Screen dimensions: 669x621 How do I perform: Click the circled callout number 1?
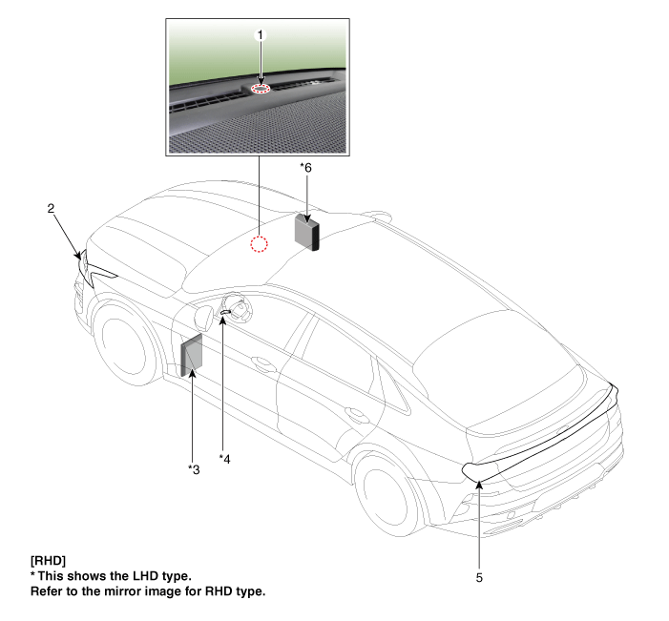click(261, 35)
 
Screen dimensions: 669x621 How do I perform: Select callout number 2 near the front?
click(51, 209)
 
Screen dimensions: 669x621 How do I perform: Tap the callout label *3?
click(194, 469)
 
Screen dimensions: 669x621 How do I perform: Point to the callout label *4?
click(224, 459)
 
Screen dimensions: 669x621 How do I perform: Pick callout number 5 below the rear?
click(479, 578)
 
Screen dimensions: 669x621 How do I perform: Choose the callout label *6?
click(305, 168)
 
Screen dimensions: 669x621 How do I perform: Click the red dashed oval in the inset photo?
click(261, 89)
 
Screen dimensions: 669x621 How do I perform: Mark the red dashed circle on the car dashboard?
click(259, 244)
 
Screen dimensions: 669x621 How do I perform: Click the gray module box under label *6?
click(306, 232)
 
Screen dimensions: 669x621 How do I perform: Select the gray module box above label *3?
click(192, 355)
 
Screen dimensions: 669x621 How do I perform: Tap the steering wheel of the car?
click(238, 309)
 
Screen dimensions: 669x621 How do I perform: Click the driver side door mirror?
click(203, 318)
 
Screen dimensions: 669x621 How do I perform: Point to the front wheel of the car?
click(124, 342)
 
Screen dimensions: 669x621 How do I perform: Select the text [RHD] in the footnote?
click(48, 561)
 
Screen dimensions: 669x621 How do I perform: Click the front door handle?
click(263, 363)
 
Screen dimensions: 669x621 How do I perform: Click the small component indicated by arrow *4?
click(225, 313)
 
